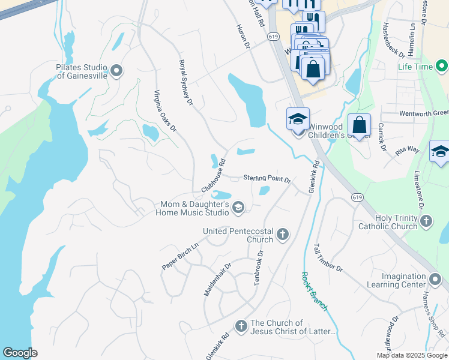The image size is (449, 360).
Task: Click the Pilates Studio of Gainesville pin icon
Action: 116,71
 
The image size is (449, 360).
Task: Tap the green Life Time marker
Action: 442,66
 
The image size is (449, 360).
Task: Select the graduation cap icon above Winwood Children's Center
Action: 298,119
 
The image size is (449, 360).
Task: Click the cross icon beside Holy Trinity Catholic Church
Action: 426,222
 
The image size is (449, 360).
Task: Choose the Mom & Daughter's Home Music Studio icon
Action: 238,208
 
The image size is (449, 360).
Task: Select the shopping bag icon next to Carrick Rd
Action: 359,125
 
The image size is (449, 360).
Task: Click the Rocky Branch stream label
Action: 315,291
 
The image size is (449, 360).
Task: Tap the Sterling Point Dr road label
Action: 267,179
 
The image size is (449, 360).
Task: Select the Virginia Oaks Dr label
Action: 165,111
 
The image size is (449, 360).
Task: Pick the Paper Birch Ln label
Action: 180,257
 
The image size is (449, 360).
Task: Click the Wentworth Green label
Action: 424,113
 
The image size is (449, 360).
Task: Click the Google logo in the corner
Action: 20,353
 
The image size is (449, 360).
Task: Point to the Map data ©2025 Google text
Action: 411,355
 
